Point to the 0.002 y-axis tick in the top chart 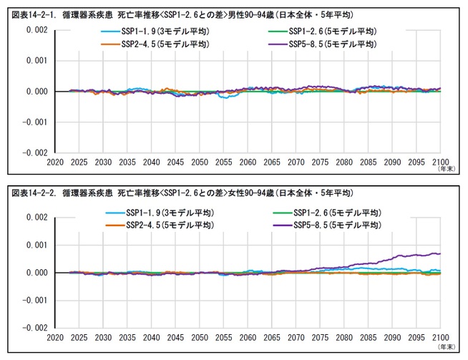[x=36, y=30]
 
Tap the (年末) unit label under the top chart [x=446, y=170]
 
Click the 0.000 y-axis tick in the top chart [x=36, y=92]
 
